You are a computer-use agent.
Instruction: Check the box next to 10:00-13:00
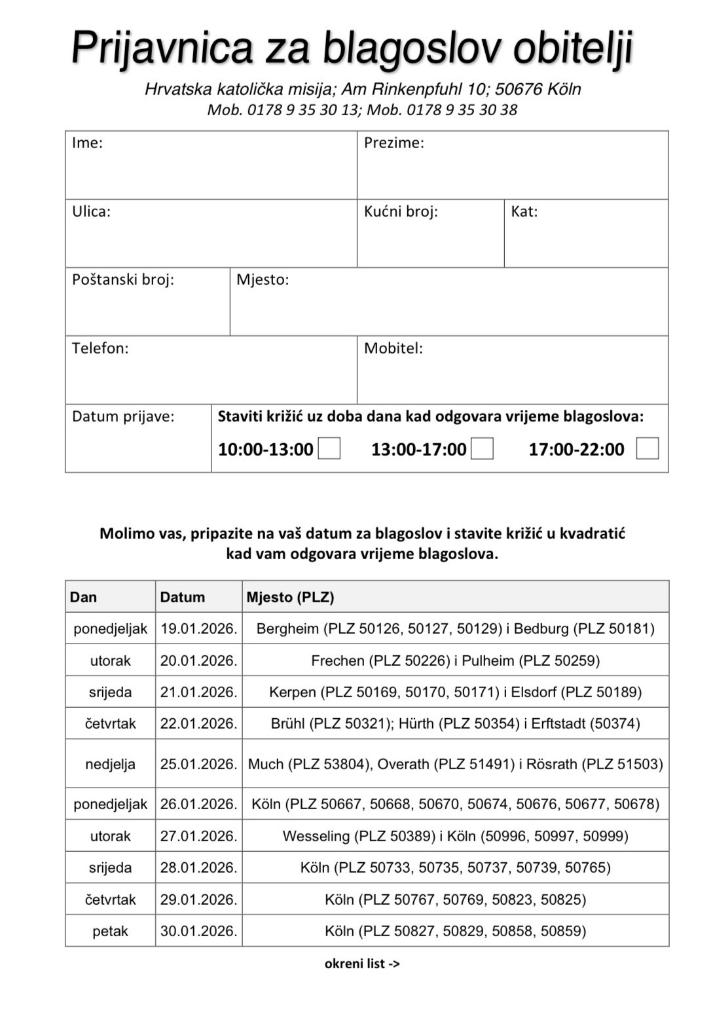click(x=329, y=448)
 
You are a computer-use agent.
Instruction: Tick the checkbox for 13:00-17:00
click(x=483, y=448)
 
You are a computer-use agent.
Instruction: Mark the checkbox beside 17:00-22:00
click(x=648, y=448)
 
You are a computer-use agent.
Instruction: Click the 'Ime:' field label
click(x=87, y=143)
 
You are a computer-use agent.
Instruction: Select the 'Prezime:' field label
click(x=393, y=143)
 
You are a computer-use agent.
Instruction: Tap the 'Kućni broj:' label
click(x=401, y=211)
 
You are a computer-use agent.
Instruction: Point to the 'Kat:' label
click(x=524, y=211)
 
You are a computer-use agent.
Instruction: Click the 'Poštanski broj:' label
click(x=123, y=280)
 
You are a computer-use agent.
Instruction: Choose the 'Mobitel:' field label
click(x=393, y=348)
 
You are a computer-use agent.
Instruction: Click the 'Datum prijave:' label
click(x=123, y=416)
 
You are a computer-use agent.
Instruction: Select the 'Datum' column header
click(x=182, y=597)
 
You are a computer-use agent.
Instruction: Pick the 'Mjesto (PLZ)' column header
click(x=290, y=597)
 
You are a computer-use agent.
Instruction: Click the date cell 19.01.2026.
click(x=198, y=628)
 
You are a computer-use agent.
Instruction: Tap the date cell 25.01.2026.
click(x=198, y=764)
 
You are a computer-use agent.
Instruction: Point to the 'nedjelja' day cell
click(x=110, y=764)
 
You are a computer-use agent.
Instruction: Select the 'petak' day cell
click(x=110, y=931)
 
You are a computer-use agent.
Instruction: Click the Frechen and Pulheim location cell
click(x=455, y=661)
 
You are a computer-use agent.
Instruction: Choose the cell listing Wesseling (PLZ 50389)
click(x=455, y=836)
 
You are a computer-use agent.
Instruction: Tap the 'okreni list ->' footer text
click(x=362, y=963)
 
